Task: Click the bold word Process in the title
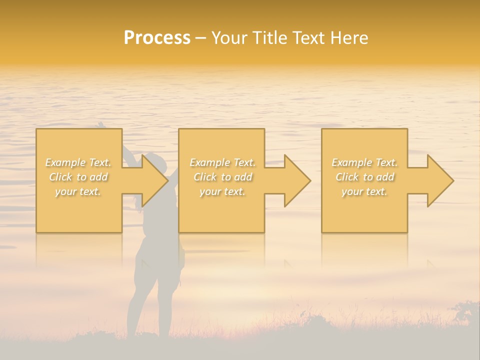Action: tap(157, 38)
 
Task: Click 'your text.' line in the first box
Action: tap(78, 191)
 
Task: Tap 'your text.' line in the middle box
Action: tap(222, 191)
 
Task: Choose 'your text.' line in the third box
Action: tap(364, 191)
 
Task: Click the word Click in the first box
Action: tap(60, 177)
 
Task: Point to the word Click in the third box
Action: tap(347, 177)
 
